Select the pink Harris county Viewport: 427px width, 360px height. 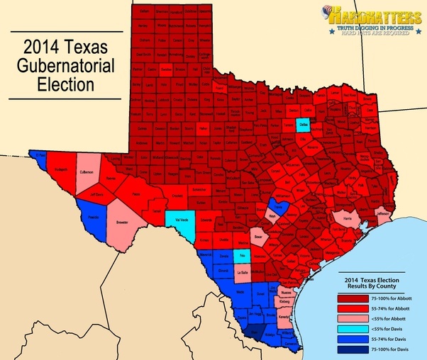point(347,219)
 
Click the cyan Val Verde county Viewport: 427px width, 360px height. point(179,218)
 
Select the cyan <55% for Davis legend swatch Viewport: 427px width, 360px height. point(353,328)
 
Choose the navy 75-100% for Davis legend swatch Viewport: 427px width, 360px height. point(353,348)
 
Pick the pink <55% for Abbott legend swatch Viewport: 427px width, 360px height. point(353,318)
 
